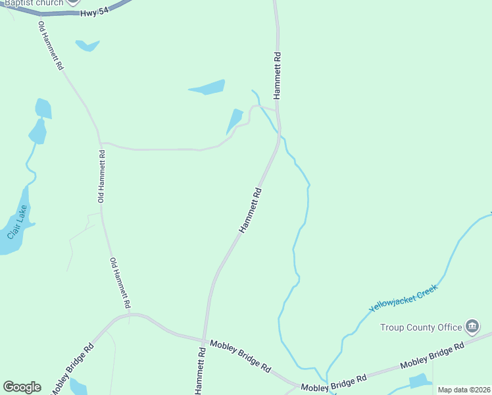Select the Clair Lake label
pyautogui.click(x=18, y=223)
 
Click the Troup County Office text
pyautogui.click(x=421, y=327)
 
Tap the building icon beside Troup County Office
pyautogui.click(x=472, y=326)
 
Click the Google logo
pyautogui.click(x=22, y=387)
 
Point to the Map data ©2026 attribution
pyautogui.click(x=464, y=390)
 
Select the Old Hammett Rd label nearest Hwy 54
pyautogui.click(x=51, y=46)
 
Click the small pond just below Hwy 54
pyautogui.click(x=86, y=45)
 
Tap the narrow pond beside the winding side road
pyautogui.click(x=234, y=122)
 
